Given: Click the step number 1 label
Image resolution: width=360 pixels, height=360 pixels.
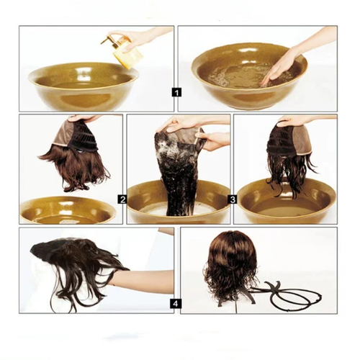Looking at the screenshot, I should (177, 91).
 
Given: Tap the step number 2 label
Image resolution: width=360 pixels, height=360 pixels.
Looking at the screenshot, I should (122, 199).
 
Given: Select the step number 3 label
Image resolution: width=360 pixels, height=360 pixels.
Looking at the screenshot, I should (233, 199).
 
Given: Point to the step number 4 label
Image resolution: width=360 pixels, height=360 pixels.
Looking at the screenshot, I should (175, 304).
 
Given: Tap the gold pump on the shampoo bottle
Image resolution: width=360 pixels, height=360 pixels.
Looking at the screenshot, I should (109, 39).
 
